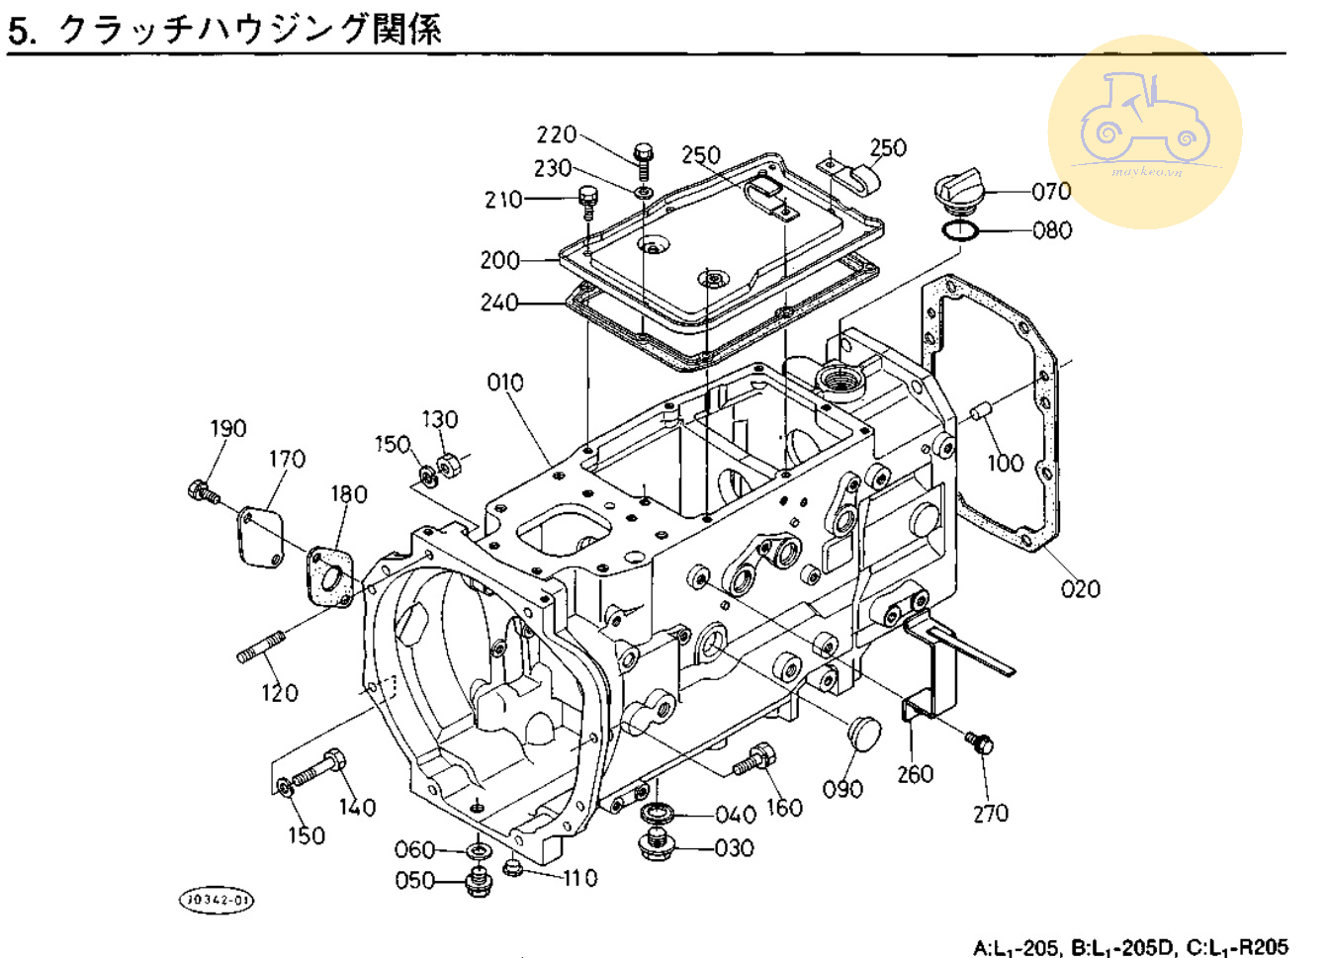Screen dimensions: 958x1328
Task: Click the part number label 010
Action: pos(505,383)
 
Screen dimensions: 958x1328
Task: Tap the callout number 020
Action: pos(1080,589)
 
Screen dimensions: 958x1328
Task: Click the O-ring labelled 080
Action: pos(958,231)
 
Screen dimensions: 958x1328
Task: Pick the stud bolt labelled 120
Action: pos(260,647)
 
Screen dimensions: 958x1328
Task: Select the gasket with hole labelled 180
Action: pos(329,576)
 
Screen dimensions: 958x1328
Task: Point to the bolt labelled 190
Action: pos(202,490)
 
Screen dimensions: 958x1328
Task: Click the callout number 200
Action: pos(499,260)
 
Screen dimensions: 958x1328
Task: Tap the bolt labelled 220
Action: pos(644,157)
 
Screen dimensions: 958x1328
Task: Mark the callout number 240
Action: pos(499,303)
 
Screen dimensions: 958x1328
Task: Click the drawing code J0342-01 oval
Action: pos(216,900)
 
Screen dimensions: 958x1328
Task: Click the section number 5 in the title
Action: pos(20,32)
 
